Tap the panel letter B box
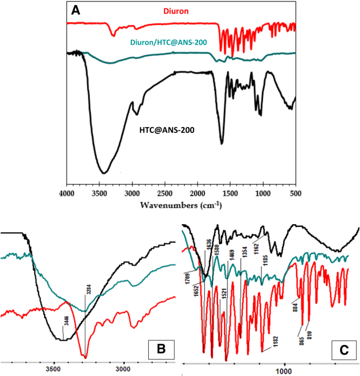tap(162, 348)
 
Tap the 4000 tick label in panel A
tap(67, 193)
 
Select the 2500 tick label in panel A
tap(164, 193)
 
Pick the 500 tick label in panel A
tap(294, 193)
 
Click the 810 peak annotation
tap(317, 332)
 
